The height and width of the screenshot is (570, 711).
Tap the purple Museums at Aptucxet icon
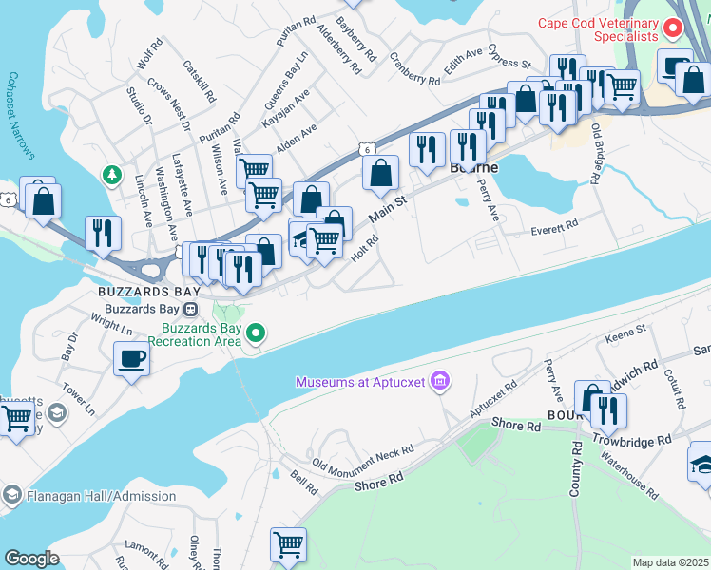pos(439,382)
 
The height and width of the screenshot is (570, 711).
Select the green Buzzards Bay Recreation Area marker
pos(255,332)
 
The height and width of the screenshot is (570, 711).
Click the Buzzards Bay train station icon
pos(191,309)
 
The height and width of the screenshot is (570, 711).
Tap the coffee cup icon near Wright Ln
pos(130,359)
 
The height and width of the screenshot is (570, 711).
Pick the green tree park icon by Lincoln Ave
pos(112,175)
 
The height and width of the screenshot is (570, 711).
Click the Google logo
pos(31,558)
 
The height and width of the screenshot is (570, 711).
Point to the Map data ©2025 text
pos(670,562)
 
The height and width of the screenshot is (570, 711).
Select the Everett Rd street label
pos(554,227)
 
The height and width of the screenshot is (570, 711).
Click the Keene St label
pos(625,333)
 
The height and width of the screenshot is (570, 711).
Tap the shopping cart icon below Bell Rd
pos(288,544)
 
